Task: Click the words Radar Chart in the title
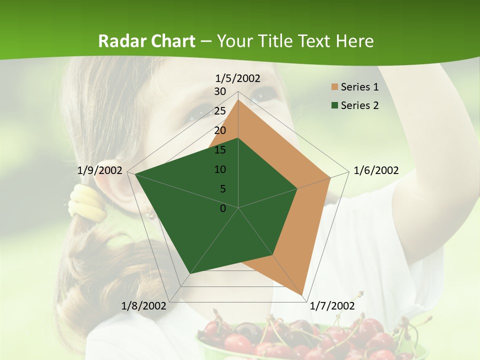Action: click(146, 41)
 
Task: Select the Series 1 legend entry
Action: click(359, 87)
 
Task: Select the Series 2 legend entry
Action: click(359, 105)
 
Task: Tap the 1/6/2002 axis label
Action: click(376, 170)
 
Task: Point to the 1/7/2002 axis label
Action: click(332, 305)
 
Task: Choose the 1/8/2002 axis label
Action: click(143, 305)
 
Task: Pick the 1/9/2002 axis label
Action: click(100, 170)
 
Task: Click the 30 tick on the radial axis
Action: click(220, 91)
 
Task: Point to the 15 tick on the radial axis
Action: click(220, 150)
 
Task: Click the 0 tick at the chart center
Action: click(223, 208)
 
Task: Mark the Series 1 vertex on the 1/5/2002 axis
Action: click(238, 100)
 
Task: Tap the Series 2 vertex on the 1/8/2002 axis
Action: click(189, 274)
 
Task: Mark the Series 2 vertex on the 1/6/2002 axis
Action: click(297, 188)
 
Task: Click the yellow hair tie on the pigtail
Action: click(88, 202)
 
